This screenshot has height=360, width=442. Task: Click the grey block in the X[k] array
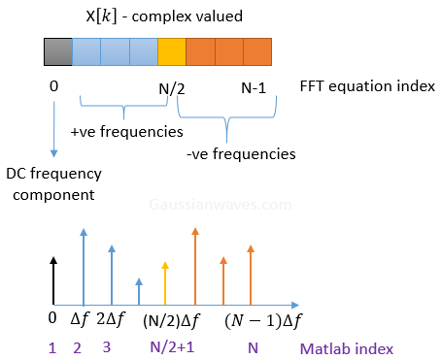pyautogui.click(x=57, y=50)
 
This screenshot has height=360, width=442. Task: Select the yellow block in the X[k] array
pyautogui.click(x=171, y=50)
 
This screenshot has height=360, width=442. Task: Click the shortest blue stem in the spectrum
pyautogui.click(x=139, y=290)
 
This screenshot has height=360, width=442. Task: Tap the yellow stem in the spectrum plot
pyautogui.click(x=166, y=282)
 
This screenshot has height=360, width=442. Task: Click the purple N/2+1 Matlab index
pyautogui.click(x=169, y=346)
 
